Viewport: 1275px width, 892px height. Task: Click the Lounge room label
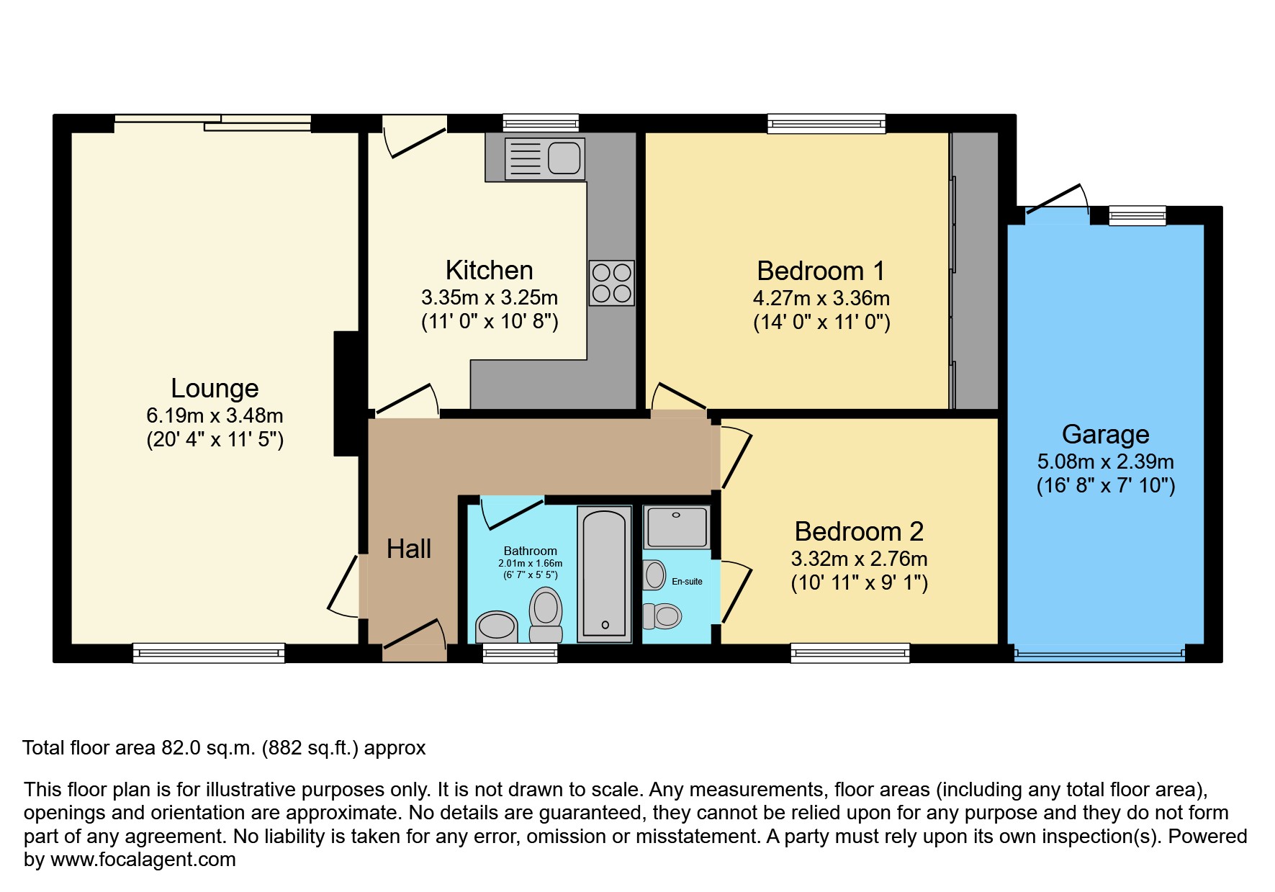pyautogui.click(x=215, y=388)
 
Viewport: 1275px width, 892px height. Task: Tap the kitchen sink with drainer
pyautogui.click(x=545, y=158)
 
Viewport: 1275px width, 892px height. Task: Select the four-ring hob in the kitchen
pyautogui.click(x=611, y=283)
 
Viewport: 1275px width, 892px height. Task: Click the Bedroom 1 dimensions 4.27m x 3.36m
pyautogui.click(x=821, y=298)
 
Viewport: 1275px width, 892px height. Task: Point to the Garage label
pyautogui.click(x=1105, y=434)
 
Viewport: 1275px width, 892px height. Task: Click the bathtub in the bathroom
pyautogui.click(x=604, y=573)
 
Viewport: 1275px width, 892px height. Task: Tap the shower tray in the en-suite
pyautogui.click(x=677, y=527)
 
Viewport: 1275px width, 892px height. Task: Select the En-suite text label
pyautogui.click(x=687, y=581)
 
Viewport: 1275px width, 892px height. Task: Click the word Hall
pyautogui.click(x=408, y=549)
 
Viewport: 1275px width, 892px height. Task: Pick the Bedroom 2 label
pyautogui.click(x=859, y=531)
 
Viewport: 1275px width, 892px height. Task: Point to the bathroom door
pyautogui.click(x=513, y=513)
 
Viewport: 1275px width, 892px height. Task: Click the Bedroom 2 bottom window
pyautogui.click(x=850, y=652)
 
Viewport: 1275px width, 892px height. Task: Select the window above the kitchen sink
pyautogui.click(x=541, y=123)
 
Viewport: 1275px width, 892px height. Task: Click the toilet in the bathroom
pyautogui.click(x=546, y=613)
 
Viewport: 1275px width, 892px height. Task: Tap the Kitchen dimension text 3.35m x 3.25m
pyautogui.click(x=490, y=297)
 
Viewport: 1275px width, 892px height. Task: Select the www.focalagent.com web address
pyautogui.click(x=143, y=860)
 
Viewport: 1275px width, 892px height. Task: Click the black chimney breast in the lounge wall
pyautogui.click(x=347, y=393)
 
